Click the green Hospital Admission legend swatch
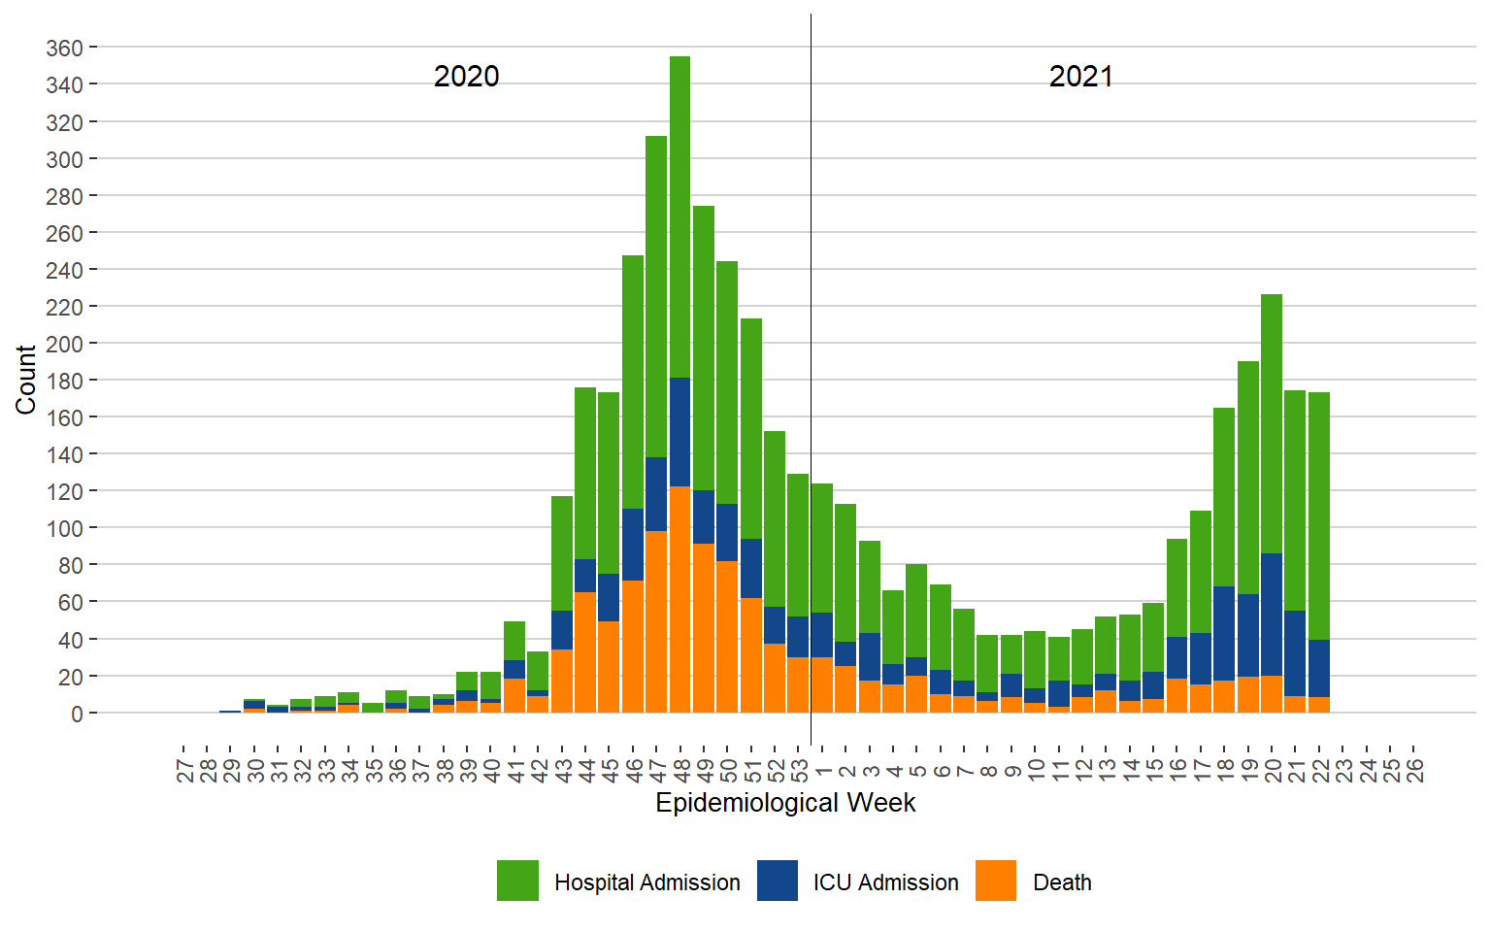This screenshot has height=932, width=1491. [x=517, y=881]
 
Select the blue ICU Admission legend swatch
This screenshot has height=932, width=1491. [x=778, y=881]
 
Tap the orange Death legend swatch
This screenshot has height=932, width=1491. [x=996, y=881]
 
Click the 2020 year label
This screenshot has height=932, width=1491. [x=466, y=77]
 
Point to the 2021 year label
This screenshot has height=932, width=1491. [x=1080, y=77]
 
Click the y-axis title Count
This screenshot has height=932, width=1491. [x=25, y=379]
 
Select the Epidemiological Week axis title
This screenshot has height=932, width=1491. [x=785, y=803]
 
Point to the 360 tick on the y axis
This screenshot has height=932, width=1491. [x=64, y=48]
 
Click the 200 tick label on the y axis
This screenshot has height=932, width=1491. [x=64, y=344]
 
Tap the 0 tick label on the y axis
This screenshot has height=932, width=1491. [x=78, y=714]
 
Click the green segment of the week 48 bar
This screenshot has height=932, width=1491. [x=679, y=214]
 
